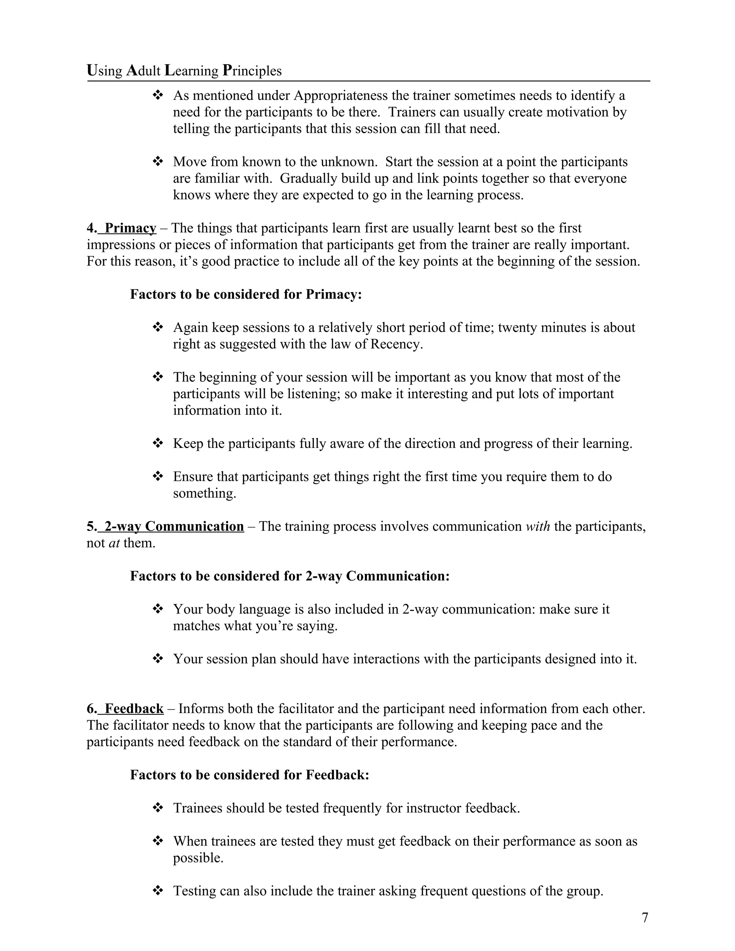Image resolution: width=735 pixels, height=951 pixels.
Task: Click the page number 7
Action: click(x=645, y=918)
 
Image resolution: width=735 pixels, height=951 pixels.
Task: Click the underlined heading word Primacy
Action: click(x=130, y=228)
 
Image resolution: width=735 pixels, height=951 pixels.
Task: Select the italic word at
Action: click(x=114, y=543)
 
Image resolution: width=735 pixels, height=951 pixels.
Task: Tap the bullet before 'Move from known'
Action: click(x=158, y=162)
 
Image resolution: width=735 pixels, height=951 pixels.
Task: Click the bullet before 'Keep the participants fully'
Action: click(x=158, y=444)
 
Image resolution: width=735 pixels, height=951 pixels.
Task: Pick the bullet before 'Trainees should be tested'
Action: click(x=158, y=808)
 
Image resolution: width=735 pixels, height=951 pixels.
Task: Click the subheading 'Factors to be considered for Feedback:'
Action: click(x=249, y=775)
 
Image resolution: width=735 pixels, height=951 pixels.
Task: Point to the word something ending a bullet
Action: click(x=204, y=493)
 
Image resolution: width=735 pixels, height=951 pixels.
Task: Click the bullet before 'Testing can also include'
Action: click(x=158, y=891)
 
